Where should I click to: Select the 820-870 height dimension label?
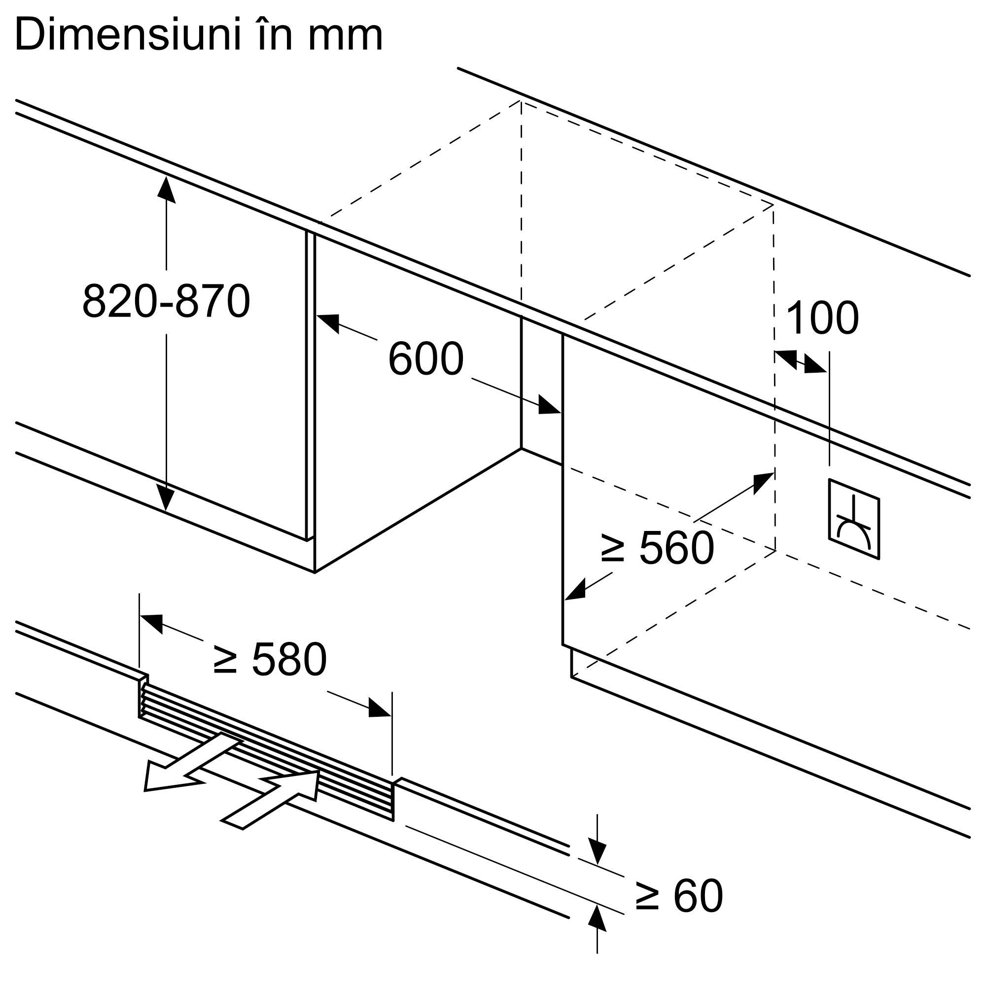(x=166, y=302)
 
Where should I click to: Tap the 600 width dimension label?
(x=425, y=359)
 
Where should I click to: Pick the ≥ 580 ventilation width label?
(x=270, y=659)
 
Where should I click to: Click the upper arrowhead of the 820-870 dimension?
(x=166, y=189)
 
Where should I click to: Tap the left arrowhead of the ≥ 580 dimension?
(x=151, y=623)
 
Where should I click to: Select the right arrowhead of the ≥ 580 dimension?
(x=380, y=708)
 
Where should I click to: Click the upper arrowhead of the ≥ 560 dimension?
(x=764, y=482)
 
